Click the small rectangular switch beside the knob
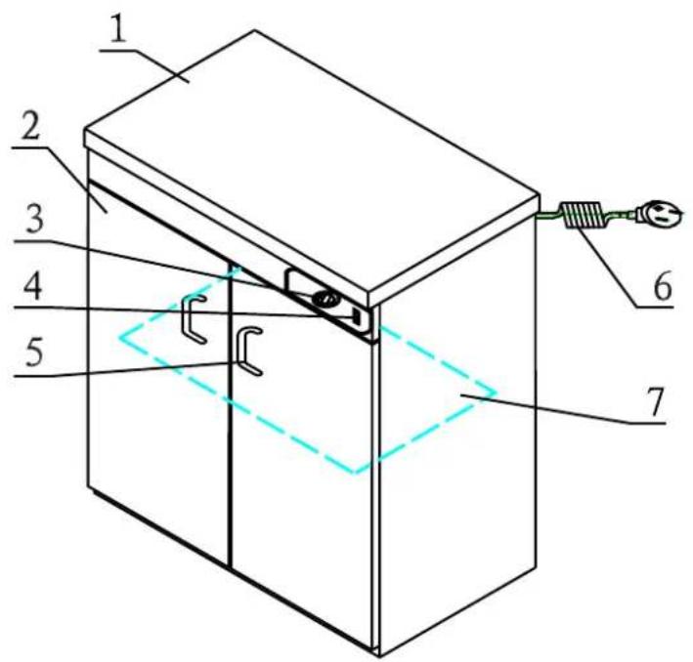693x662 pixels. [x=357, y=316]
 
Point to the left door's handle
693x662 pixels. [x=192, y=320]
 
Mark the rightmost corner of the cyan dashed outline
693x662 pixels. [x=497, y=393]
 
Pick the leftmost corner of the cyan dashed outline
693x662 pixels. [x=118, y=338]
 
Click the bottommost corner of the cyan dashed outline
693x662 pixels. [x=356, y=474]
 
